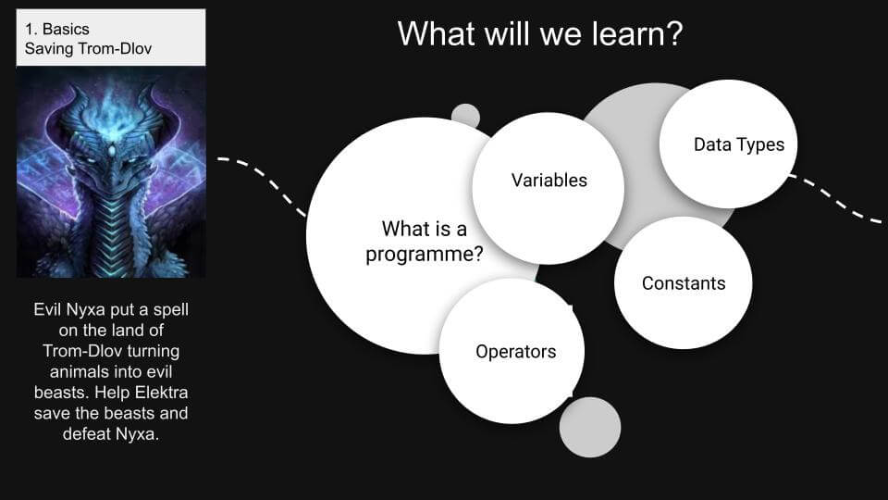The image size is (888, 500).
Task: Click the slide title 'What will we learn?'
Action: coord(540,33)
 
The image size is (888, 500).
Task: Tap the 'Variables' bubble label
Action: coord(549,181)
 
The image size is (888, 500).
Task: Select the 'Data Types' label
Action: coord(739,145)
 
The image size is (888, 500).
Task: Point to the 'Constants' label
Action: coord(684,283)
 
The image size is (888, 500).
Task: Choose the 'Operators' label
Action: coord(516,352)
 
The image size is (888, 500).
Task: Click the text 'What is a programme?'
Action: coord(425,241)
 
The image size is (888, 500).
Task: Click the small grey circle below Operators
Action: coord(589,428)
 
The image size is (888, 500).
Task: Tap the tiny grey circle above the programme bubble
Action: coord(465,116)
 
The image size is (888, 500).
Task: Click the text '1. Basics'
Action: coord(56,29)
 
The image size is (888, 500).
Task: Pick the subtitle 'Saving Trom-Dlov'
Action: coord(89,49)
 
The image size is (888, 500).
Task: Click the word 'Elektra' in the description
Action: coord(161,393)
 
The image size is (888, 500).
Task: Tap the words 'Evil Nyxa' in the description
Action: coord(69,310)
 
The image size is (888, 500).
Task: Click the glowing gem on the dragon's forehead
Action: coord(112,151)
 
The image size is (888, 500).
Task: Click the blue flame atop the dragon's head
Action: coord(111,107)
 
